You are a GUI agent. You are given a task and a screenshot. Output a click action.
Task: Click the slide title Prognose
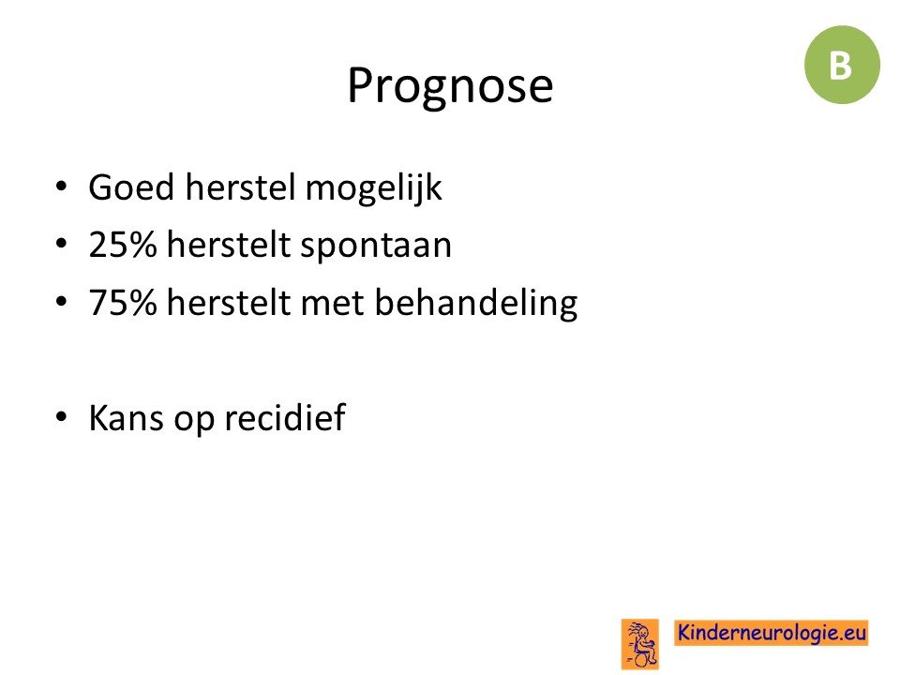(450, 86)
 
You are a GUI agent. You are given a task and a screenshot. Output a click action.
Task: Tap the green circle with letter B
(842, 65)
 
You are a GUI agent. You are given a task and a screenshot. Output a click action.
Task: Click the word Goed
(131, 187)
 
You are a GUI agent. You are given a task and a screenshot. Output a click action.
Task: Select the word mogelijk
(374, 188)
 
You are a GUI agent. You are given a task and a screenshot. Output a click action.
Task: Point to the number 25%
(123, 245)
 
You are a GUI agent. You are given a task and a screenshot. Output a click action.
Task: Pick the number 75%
(123, 303)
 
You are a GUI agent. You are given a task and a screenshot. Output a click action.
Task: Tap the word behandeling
(476, 304)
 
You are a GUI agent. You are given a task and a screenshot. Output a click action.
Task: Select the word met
(332, 304)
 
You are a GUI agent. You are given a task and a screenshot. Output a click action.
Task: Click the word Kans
(126, 417)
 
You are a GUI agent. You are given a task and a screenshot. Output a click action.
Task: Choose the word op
(193, 420)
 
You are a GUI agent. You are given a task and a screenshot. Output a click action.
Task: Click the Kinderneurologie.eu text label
(772, 633)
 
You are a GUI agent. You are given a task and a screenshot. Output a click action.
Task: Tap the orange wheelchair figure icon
(640, 644)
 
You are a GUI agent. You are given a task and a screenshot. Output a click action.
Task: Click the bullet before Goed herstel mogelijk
(62, 187)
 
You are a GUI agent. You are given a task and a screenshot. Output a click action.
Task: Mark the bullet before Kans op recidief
(62, 416)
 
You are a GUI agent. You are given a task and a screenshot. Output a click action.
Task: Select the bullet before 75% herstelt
(62, 302)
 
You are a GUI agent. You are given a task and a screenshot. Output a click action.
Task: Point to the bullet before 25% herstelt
(62, 244)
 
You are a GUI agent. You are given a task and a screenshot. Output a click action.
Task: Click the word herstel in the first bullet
(239, 187)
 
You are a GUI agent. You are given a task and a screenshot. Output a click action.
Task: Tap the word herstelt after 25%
(228, 245)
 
